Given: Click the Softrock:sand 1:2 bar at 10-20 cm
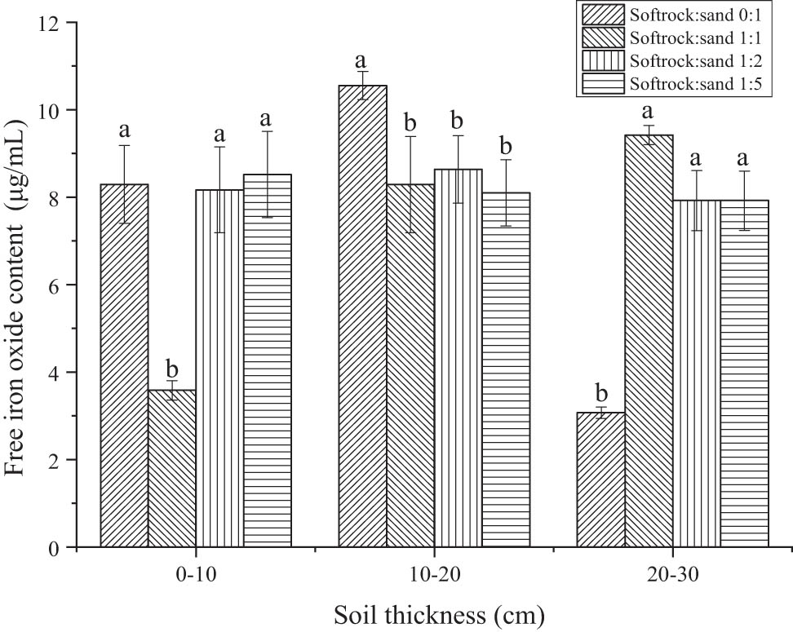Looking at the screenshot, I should [459, 358].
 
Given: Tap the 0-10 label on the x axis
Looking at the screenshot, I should [195, 574].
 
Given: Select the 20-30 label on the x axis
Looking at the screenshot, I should [672, 574].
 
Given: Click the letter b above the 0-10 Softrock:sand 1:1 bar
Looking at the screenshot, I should [172, 368].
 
